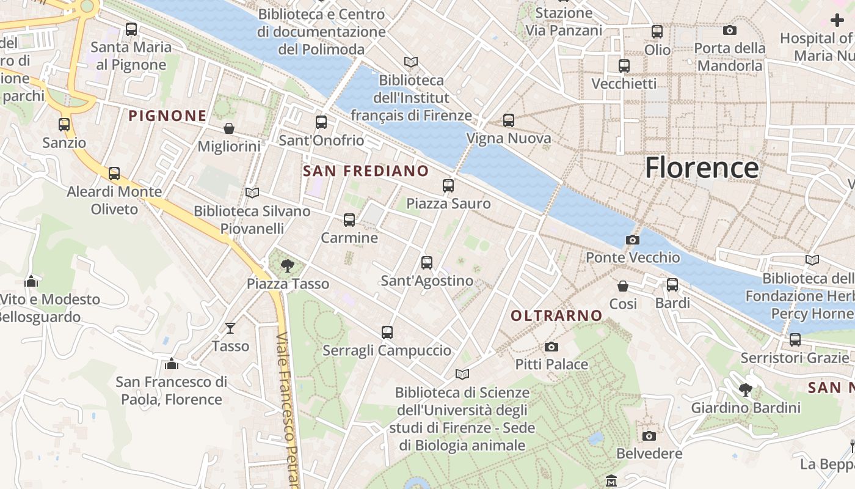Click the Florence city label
tap(702, 167)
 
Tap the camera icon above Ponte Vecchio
tap(633, 240)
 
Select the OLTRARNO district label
tap(556, 315)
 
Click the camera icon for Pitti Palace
tap(551, 347)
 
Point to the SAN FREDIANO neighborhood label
tap(366, 171)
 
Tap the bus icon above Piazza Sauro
tap(448, 185)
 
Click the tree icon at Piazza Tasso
tap(287, 265)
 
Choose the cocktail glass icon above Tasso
tap(230, 328)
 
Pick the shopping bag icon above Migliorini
tap(229, 128)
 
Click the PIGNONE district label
tap(167, 116)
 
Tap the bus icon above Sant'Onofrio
tap(321, 122)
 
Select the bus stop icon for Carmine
tap(349, 220)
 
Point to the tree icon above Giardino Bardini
tap(745, 389)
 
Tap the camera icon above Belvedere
tap(649, 436)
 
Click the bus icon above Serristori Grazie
tap(795, 339)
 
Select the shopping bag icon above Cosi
tap(623, 285)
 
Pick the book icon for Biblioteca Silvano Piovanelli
tap(252, 193)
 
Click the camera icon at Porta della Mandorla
tap(729, 30)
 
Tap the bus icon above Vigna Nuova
tap(509, 120)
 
